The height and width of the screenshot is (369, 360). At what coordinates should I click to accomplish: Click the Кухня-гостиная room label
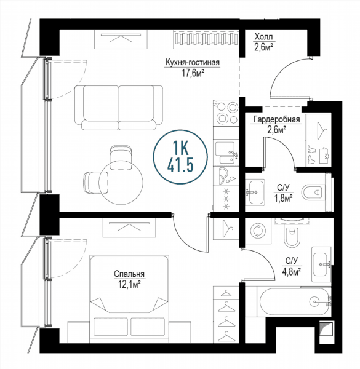(x=193, y=63)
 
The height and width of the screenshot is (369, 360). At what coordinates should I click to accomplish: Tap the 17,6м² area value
(x=193, y=73)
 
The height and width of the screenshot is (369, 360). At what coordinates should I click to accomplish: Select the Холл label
(x=263, y=37)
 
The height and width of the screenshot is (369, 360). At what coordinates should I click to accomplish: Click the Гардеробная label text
(x=277, y=119)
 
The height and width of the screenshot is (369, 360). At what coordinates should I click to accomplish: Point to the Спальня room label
(x=129, y=274)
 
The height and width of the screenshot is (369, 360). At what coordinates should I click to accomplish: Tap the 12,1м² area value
(x=129, y=285)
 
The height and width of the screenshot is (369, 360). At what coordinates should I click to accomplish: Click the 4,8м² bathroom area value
(x=292, y=272)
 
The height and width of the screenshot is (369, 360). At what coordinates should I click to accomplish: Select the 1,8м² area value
(x=283, y=198)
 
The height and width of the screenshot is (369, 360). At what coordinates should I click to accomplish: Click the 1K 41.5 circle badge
(x=180, y=157)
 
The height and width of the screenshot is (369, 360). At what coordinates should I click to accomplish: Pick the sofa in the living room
(x=119, y=108)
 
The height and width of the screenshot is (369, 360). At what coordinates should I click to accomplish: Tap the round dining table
(x=121, y=183)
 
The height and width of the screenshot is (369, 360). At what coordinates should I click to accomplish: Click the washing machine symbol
(x=258, y=231)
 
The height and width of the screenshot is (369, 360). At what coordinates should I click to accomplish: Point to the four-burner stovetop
(x=226, y=113)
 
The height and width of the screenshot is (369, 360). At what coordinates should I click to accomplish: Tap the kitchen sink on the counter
(x=226, y=153)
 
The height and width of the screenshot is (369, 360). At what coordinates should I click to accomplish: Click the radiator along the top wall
(x=206, y=39)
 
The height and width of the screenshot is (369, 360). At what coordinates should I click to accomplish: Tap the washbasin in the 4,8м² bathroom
(x=321, y=264)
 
